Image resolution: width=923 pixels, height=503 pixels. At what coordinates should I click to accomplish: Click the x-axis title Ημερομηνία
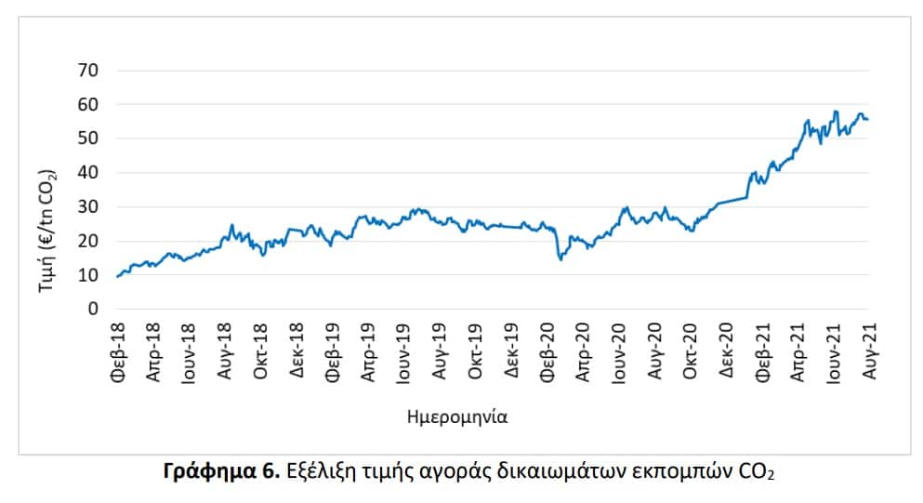click(x=456, y=417)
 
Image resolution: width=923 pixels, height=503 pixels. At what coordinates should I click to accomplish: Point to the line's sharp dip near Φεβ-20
click(x=560, y=259)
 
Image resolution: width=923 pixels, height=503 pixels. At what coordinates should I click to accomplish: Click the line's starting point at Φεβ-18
click(x=117, y=276)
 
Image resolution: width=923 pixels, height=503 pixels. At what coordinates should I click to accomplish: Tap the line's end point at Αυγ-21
click(x=867, y=119)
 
